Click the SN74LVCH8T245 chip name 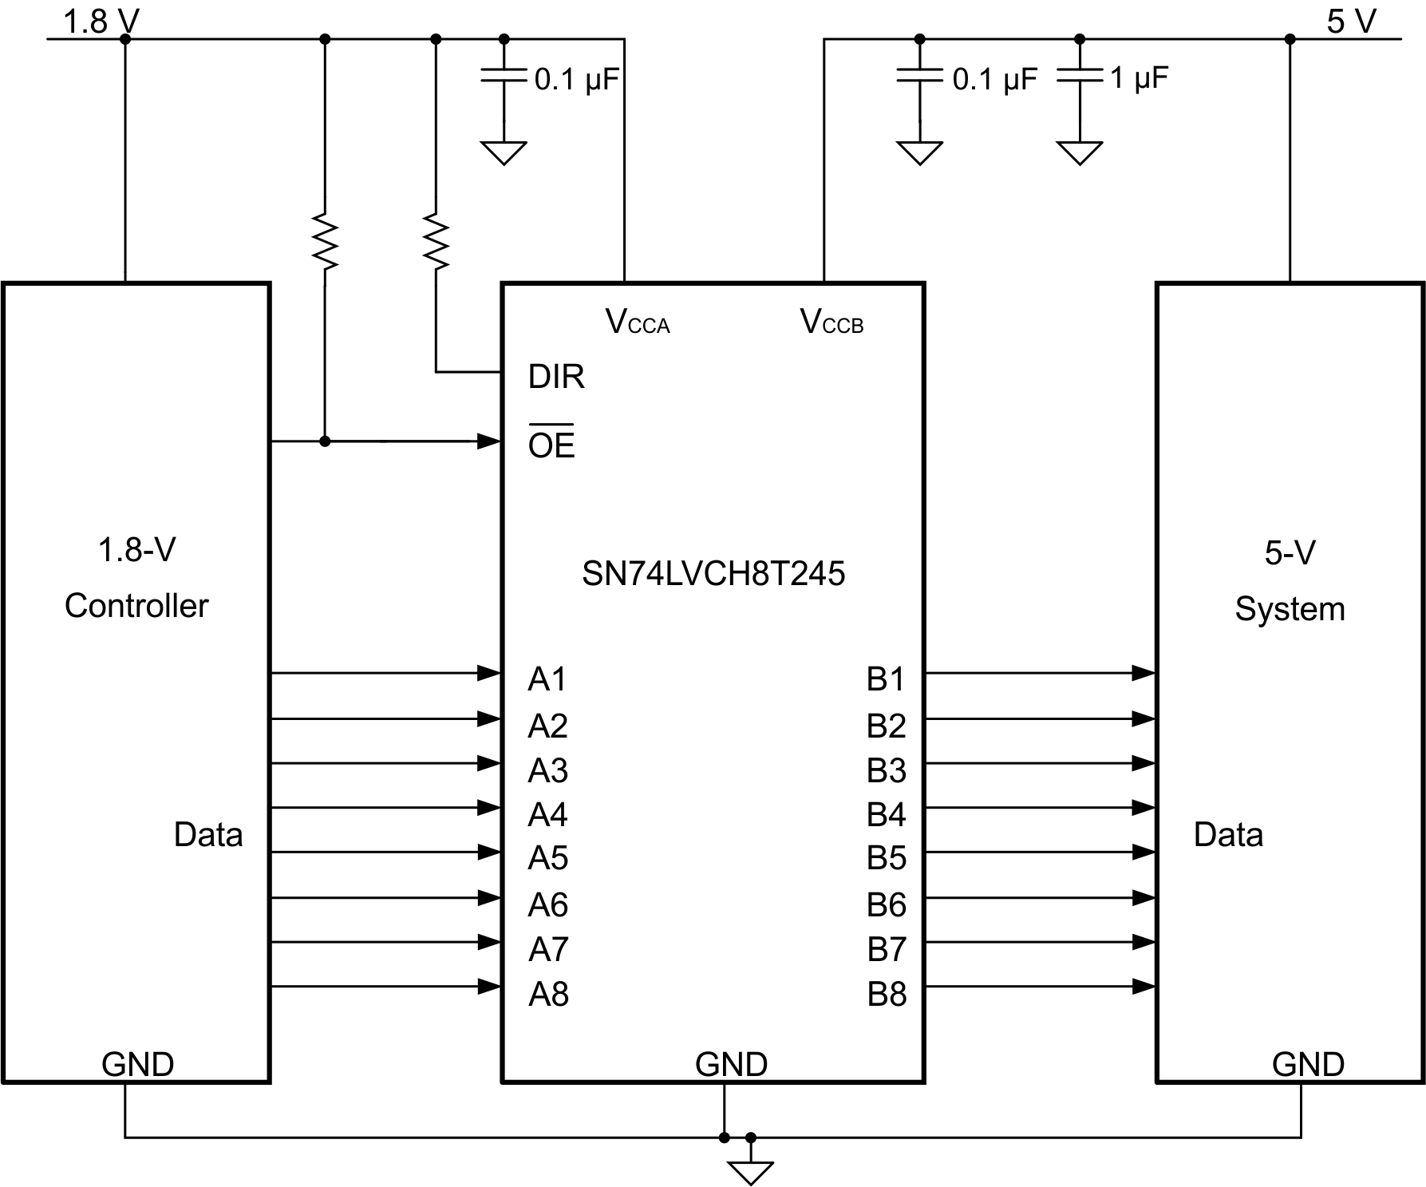[713, 574]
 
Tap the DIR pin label [556, 376]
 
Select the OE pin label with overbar [551, 444]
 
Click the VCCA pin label [637, 322]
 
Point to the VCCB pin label [832, 322]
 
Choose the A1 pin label [547, 679]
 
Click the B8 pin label [887, 995]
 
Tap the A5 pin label [547, 858]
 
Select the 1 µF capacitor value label [1139, 78]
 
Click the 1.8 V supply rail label [101, 22]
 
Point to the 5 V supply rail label [1351, 22]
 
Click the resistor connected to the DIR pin [436, 239]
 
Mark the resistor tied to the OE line [325, 239]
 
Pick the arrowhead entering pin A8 [489, 987]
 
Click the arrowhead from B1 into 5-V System [1144, 673]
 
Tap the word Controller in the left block [136, 606]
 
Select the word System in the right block [1290, 609]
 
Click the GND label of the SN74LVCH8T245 [731, 1064]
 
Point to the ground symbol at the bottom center [750, 1172]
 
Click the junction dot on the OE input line [325, 441]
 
